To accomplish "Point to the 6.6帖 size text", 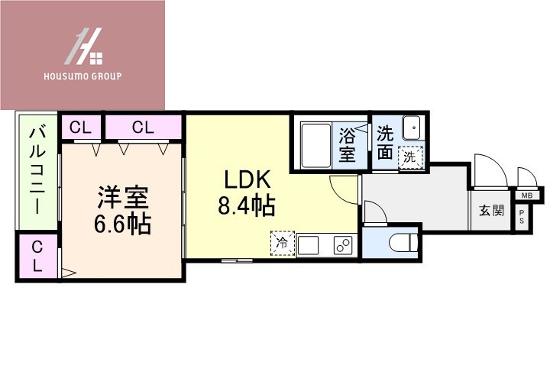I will coord(122,225).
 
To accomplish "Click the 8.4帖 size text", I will coord(247,206).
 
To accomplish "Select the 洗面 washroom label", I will coord(385,143).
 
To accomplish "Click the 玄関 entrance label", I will coord(491,210).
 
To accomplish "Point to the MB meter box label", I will coord(527,195).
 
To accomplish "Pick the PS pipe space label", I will coord(522,216).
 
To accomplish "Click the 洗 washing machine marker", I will coord(410,158).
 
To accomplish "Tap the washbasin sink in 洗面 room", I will coord(412,127).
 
